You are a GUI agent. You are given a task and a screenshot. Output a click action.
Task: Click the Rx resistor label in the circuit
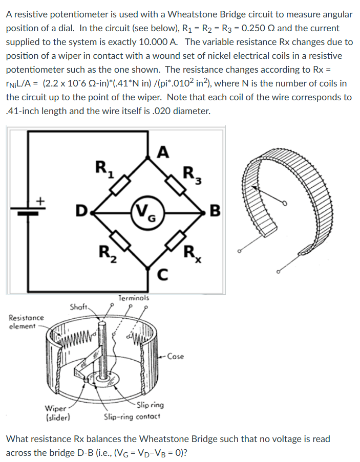[x=193, y=253]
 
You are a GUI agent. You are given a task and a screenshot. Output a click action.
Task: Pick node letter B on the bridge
[x=216, y=210]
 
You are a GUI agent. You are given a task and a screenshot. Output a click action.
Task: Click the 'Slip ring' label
[x=151, y=405]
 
